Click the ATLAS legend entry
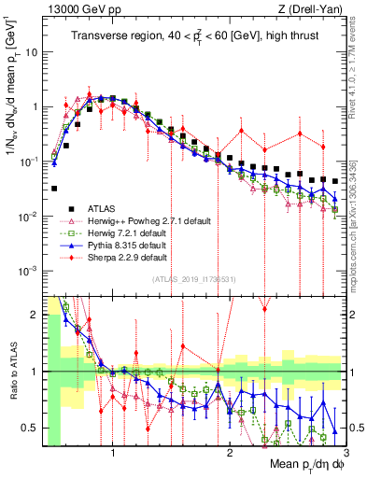[102, 208]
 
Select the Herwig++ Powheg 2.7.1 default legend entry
[134, 220]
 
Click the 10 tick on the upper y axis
[33, 52]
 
